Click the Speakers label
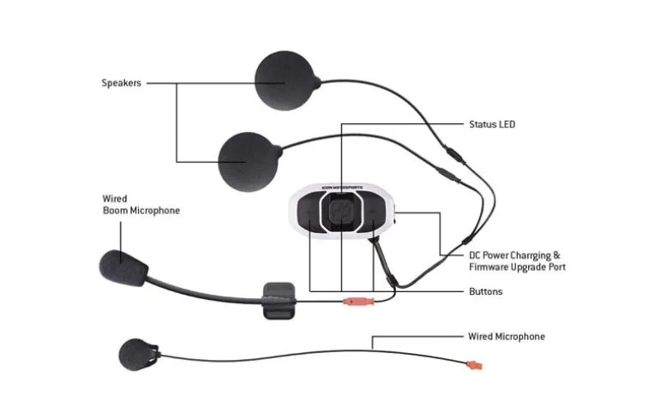tap(121, 83)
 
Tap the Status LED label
tap(492, 124)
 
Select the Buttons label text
tap(486, 291)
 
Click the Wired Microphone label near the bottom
tap(507, 337)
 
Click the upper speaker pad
tap(285, 81)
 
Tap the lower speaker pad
tap(249, 162)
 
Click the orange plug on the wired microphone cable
tap(474, 366)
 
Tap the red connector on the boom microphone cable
tap(358, 301)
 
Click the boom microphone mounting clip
tap(279, 301)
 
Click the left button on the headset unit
tap(309, 212)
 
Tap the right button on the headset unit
tap(372, 212)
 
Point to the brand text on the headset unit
tap(342, 187)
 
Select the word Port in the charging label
tap(557, 267)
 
